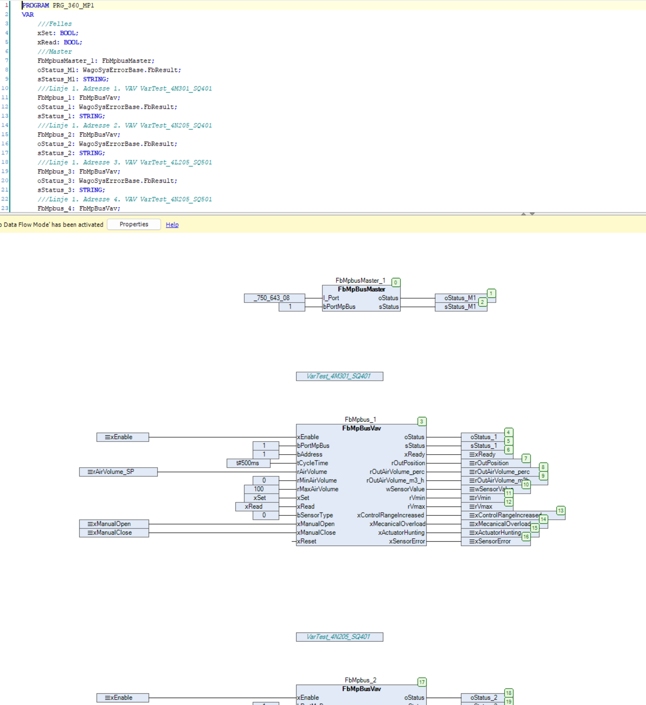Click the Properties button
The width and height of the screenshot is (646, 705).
[134, 224]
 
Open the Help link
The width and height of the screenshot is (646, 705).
[172, 225]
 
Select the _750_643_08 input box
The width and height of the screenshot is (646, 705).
[274, 298]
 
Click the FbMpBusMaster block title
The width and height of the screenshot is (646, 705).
[361, 289]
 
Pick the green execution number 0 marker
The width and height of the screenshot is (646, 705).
[396, 282]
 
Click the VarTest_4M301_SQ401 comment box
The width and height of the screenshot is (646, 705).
[339, 376]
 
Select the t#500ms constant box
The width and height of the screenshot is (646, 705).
[248, 463]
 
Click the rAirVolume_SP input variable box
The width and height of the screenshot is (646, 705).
[118, 472]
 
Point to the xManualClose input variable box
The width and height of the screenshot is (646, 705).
[114, 532]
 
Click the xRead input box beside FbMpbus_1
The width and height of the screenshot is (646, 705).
[256, 506]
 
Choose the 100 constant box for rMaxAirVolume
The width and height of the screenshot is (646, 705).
[261, 489]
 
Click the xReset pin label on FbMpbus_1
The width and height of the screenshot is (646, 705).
[307, 541]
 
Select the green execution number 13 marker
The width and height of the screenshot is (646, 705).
[561, 510]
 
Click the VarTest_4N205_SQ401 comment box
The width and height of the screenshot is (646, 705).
[339, 637]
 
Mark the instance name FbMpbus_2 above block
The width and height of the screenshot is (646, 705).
[360, 680]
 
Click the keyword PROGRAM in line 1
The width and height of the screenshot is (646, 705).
[35, 5]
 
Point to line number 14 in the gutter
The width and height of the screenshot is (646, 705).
[5, 125]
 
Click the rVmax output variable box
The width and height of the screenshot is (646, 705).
[483, 506]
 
